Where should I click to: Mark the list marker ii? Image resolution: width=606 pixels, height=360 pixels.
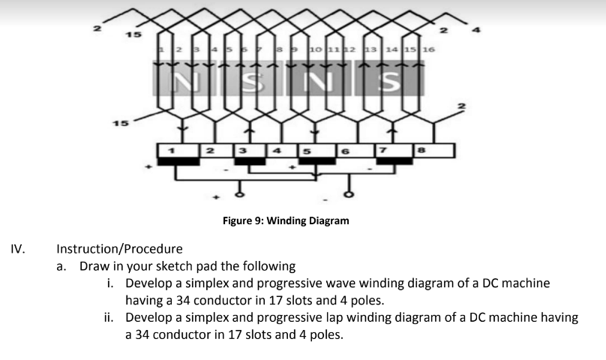click(109, 317)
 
